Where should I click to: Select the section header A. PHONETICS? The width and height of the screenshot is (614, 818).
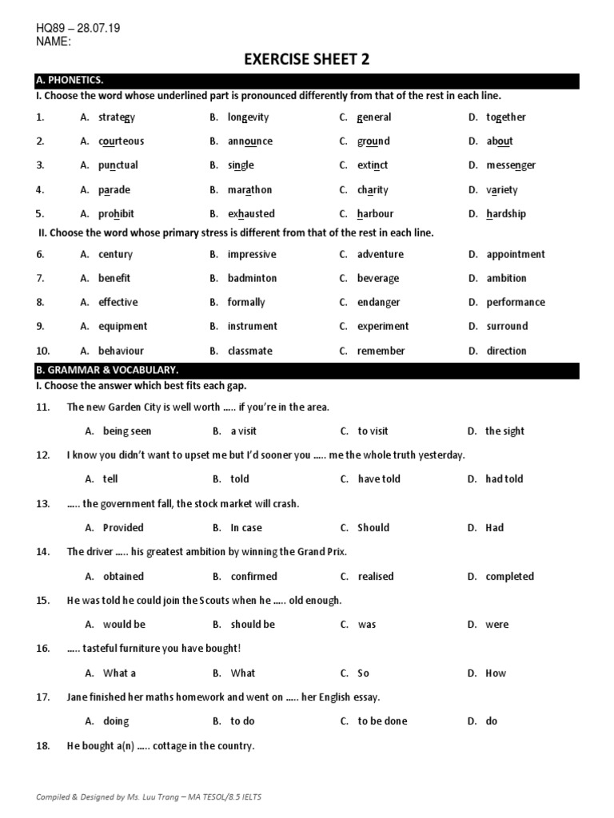click(70, 80)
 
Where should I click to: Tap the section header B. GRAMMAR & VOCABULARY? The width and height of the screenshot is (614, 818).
click(106, 370)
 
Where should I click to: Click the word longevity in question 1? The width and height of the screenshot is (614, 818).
click(248, 117)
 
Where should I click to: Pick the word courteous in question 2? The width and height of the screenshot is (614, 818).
click(122, 141)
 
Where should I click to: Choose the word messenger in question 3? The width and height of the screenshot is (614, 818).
click(511, 165)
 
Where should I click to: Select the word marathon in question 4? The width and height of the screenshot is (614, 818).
click(249, 190)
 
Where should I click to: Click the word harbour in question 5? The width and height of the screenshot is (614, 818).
click(376, 214)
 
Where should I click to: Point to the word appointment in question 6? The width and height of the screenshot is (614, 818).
click(516, 255)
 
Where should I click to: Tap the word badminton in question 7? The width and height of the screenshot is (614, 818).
click(252, 278)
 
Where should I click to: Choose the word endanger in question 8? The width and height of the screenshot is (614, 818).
click(379, 302)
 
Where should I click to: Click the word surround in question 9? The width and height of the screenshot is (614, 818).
click(507, 326)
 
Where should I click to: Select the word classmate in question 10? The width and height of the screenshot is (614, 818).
click(249, 351)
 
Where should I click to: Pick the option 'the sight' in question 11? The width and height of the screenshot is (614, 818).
click(504, 431)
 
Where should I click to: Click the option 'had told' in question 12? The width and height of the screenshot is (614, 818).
click(504, 479)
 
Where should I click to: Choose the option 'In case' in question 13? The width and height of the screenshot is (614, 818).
click(246, 528)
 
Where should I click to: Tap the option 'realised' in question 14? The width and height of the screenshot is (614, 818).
click(377, 577)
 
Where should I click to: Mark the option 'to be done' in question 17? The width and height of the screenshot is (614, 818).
click(382, 721)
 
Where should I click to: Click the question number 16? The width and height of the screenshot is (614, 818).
click(43, 649)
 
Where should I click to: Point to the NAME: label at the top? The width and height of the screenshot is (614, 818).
click(54, 42)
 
